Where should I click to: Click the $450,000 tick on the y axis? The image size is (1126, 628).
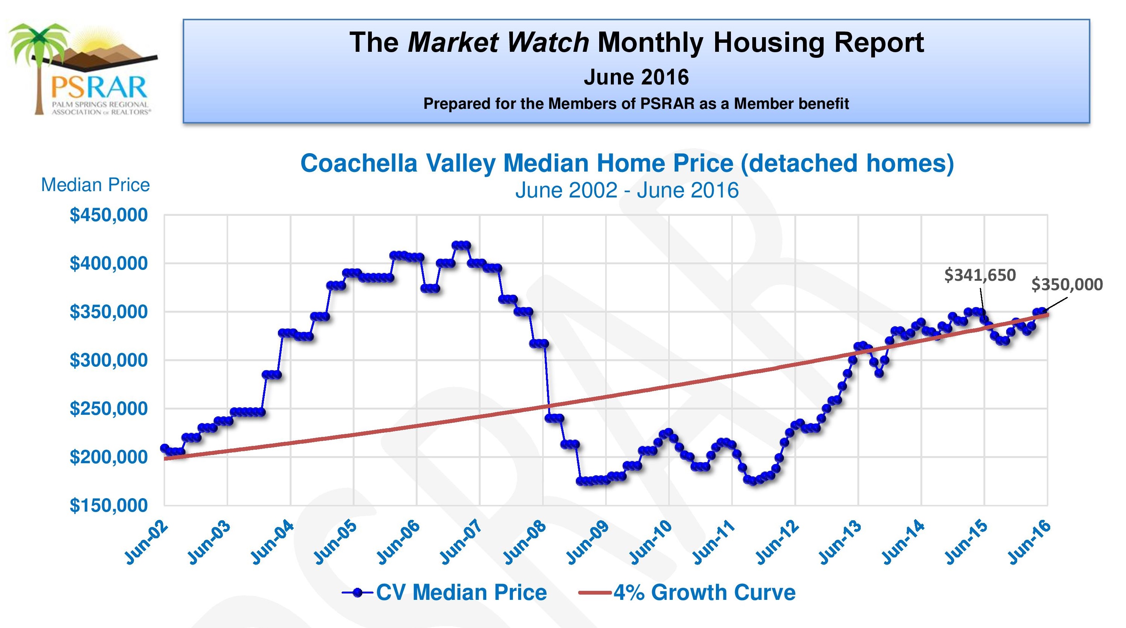[108, 215]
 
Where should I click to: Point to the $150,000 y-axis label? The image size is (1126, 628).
[108, 506]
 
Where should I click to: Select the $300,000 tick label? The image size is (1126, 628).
[108, 360]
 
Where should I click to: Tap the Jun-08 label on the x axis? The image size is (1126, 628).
[525, 542]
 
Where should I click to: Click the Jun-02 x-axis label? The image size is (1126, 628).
[146, 542]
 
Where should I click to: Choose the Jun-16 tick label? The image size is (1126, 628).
[1030, 542]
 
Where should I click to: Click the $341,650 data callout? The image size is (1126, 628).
[980, 275]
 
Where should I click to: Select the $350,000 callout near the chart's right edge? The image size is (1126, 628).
[1067, 285]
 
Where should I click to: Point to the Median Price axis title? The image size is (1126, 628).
[95, 185]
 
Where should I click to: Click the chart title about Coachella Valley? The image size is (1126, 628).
[627, 164]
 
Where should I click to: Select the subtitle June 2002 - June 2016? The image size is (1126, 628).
[627, 190]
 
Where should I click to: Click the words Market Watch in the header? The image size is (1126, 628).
[498, 42]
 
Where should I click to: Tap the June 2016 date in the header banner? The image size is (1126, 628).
[636, 77]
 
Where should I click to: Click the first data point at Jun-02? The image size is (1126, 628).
[165, 448]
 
